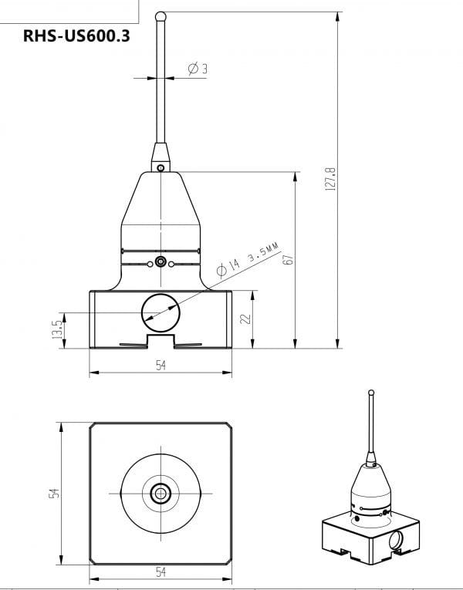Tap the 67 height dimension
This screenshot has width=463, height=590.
[x=288, y=259]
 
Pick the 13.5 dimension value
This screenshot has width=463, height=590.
[x=56, y=330]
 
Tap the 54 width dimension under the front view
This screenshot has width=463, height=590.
[x=161, y=365]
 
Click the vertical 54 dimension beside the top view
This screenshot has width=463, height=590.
[x=55, y=493]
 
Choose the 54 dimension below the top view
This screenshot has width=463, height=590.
[x=161, y=571]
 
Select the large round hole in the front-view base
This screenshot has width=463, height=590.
[x=160, y=312]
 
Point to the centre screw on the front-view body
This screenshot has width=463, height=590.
[x=160, y=261]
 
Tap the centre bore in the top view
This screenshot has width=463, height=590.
[x=161, y=493]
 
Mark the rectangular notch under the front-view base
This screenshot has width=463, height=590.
[x=160, y=340]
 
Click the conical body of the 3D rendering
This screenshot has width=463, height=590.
[x=370, y=486]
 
